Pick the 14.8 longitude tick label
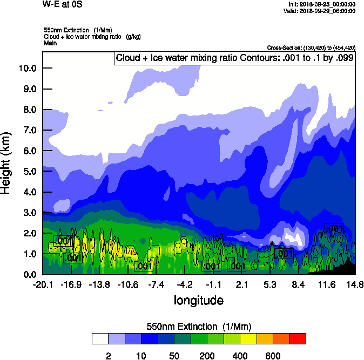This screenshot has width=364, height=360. click(355, 284)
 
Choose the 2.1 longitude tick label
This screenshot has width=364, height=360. click(241, 284)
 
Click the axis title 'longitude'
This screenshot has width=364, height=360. click(199, 300)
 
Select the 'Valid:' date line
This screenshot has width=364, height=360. click(321, 10)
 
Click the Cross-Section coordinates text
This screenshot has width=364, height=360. click(311, 47)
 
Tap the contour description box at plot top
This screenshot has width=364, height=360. click(234, 58)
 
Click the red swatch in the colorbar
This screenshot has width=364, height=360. click(298, 339)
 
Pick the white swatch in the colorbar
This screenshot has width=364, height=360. click(100, 339)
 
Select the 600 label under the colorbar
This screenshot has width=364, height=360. click(273, 356)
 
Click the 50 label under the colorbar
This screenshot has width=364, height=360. click(174, 356)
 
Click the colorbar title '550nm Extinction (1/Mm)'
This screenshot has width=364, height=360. click(199, 327)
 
